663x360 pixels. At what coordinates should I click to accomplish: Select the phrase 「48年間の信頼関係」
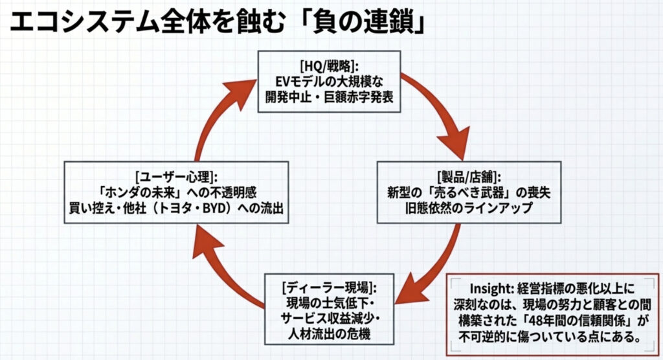(x=562, y=321)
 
